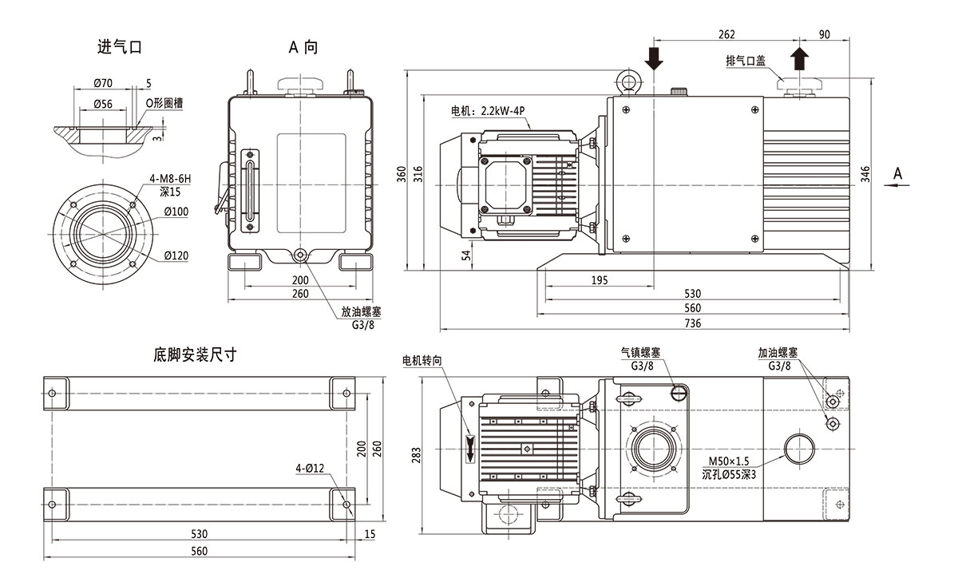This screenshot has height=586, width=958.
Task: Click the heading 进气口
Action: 119,47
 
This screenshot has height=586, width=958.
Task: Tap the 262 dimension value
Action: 726,34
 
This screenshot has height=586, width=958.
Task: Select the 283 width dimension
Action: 416,455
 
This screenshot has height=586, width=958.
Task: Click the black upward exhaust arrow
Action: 800,58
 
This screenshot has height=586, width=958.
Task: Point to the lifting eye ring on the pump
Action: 627,83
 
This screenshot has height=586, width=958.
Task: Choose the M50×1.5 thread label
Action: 728,461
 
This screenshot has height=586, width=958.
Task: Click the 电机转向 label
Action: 422,361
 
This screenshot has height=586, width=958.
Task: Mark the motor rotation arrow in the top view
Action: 469,449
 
